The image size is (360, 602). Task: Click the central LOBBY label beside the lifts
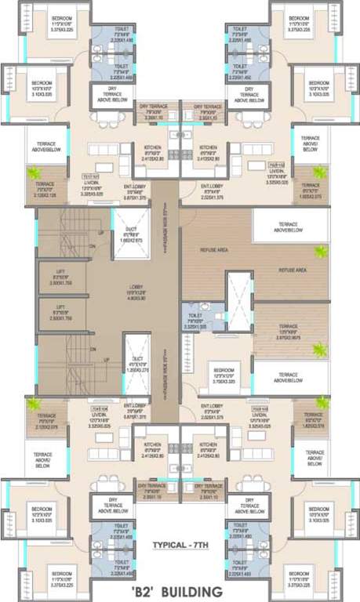(x=134, y=288)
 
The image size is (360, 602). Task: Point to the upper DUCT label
(x=131, y=230)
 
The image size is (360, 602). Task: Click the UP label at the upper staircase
(x=100, y=233)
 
